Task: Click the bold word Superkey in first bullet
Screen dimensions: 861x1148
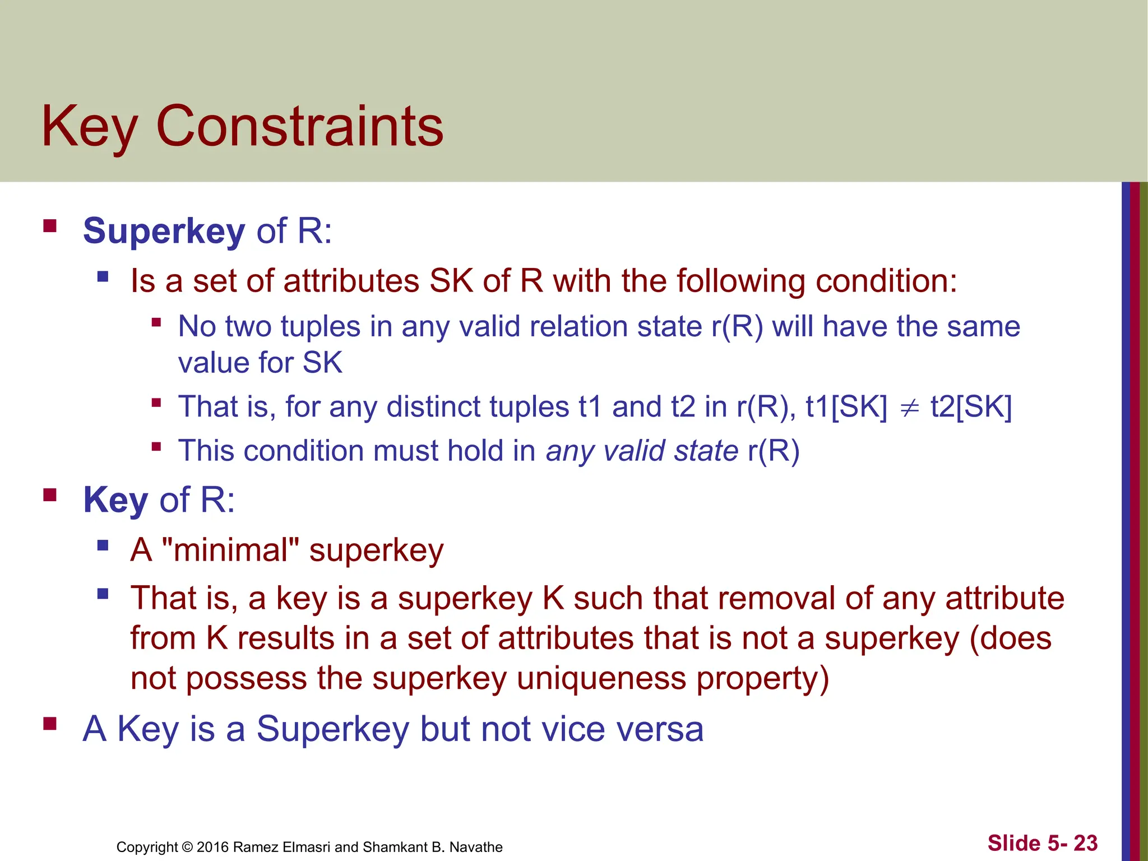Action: click(x=164, y=230)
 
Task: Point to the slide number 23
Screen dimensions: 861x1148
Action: click(x=1085, y=843)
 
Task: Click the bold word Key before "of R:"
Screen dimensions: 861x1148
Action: click(x=115, y=499)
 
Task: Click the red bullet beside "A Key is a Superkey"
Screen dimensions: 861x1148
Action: click(x=50, y=724)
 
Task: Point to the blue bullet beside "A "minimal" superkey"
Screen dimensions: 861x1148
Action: click(x=103, y=545)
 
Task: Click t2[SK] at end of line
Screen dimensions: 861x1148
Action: click(x=971, y=407)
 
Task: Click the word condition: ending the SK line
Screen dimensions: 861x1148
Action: click(x=886, y=280)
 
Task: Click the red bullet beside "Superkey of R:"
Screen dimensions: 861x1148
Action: click(x=50, y=226)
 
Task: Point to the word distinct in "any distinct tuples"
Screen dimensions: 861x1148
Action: click(x=433, y=407)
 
